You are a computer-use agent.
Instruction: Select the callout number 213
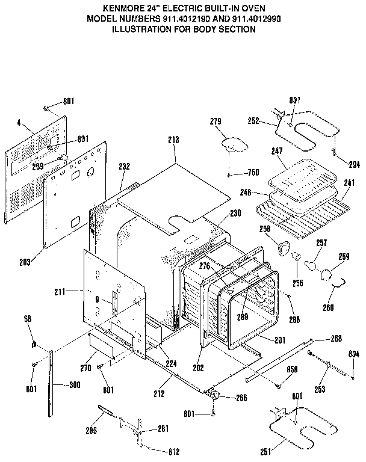pyautogui.click(x=174, y=140)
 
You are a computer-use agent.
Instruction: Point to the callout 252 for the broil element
pyautogui.click(x=253, y=121)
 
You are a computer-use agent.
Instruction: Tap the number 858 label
pyautogui.click(x=293, y=369)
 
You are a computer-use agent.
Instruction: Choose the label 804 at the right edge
pyautogui.click(x=354, y=355)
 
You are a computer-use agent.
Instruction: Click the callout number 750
pyautogui.click(x=253, y=173)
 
